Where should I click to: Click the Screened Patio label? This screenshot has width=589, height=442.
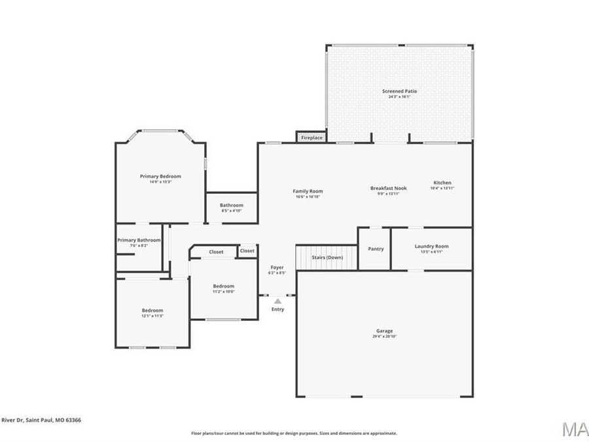(x=399, y=91)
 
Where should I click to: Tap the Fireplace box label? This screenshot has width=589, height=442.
(x=312, y=138)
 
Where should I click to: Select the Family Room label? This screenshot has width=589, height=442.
(x=308, y=191)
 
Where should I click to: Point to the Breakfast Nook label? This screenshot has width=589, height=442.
(x=388, y=188)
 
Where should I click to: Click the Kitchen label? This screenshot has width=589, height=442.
(x=442, y=183)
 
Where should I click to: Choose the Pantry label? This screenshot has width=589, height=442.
(x=376, y=249)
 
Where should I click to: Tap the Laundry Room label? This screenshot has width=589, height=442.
(x=432, y=246)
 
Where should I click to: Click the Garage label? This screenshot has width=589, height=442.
(x=385, y=331)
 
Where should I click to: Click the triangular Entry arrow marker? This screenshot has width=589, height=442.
(x=277, y=301)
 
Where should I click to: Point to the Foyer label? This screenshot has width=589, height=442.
(x=277, y=267)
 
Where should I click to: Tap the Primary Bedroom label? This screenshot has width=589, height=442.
(x=160, y=176)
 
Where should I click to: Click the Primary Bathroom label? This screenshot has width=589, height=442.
(x=139, y=240)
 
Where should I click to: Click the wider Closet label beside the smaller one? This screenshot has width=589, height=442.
(x=216, y=252)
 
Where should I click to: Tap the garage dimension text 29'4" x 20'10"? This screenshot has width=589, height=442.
(x=385, y=337)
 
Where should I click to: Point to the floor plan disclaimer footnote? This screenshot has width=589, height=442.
(x=294, y=433)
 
